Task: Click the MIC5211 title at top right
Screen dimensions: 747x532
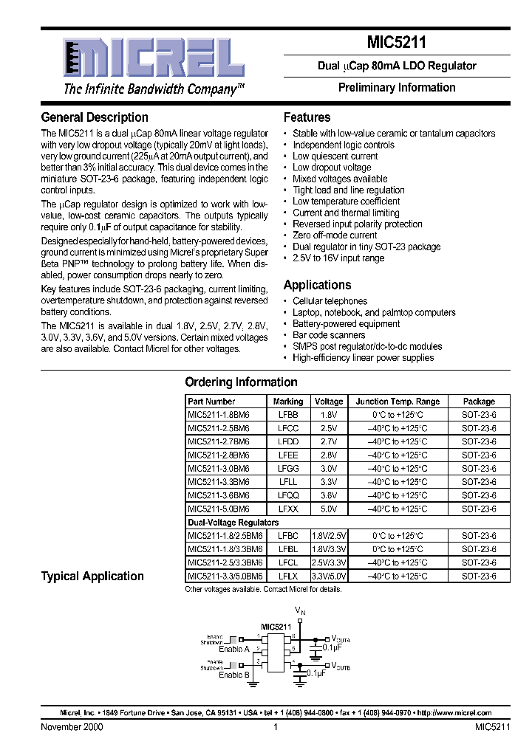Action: pyautogui.click(x=396, y=44)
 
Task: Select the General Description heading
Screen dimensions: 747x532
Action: pyautogui.click(x=95, y=117)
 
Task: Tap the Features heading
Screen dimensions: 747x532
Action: pyautogui.click(x=307, y=117)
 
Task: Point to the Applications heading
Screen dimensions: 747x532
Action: pyautogui.click(x=317, y=285)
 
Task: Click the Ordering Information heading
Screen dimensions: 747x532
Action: pyautogui.click(x=241, y=382)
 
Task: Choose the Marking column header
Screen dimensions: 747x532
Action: pyautogui.click(x=288, y=402)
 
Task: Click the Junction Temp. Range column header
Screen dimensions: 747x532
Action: pyautogui.click(x=398, y=402)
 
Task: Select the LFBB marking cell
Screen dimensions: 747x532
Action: pyautogui.click(x=288, y=415)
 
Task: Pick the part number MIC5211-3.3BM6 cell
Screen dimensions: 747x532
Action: pyautogui.click(x=219, y=482)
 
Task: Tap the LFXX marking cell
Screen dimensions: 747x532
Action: pyautogui.click(x=288, y=509)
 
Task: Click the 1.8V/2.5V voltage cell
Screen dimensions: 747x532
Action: pyautogui.click(x=329, y=536)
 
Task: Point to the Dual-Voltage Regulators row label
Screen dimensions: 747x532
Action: pyautogui.click(x=233, y=523)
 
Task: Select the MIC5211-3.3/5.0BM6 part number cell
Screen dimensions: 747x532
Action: pyautogui.click(x=225, y=576)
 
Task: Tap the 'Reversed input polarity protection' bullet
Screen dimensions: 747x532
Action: pyautogui.click(x=358, y=224)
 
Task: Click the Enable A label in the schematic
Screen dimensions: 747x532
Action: pyautogui.click(x=234, y=649)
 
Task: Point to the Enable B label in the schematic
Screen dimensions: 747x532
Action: pyautogui.click(x=234, y=675)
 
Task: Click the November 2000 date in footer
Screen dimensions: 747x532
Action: pyautogui.click(x=72, y=727)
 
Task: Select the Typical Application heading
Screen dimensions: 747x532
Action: pyautogui.click(x=92, y=576)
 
